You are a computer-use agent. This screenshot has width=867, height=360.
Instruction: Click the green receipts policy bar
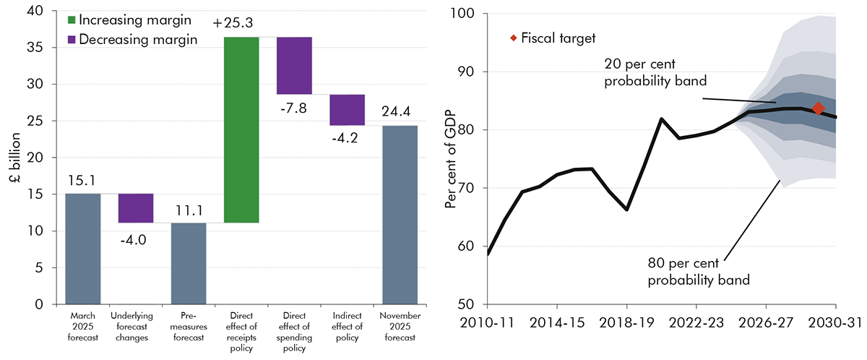pos(241,129)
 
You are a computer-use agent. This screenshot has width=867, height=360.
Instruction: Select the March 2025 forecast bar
pos(83,249)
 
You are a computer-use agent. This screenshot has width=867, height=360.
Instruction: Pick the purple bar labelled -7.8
pos(294,66)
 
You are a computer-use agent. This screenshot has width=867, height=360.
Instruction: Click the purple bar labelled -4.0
pos(136,208)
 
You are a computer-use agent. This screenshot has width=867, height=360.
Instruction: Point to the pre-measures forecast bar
pos(189,263)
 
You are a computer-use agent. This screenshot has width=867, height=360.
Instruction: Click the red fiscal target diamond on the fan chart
pos(818,108)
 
